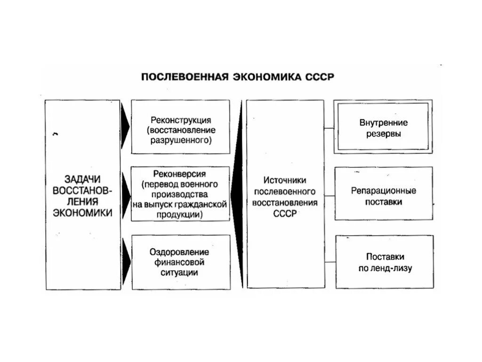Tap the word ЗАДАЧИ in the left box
pyautogui.click(x=83, y=179)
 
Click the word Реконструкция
pyautogui.click(x=181, y=120)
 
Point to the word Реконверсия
pyautogui.click(x=180, y=174)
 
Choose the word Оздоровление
pyautogui.click(x=180, y=252)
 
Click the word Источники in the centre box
pyautogui.click(x=285, y=181)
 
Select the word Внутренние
pyautogui.click(x=384, y=123)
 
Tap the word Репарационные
pyautogui.click(x=384, y=191)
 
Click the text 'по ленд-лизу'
pyautogui.click(x=384, y=269)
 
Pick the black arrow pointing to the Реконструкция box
pyautogui.click(x=125, y=126)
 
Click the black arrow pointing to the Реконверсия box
pyautogui.click(x=125, y=193)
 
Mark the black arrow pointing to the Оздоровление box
pyautogui.click(x=125, y=262)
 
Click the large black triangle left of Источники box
pyautogui.click(x=239, y=193)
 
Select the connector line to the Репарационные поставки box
pyautogui.click(x=329, y=194)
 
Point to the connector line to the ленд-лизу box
pyautogui.click(x=329, y=262)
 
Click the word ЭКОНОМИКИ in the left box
pyautogui.click(x=83, y=213)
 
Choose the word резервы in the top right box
pyautogui.click(x=384, y=134)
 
